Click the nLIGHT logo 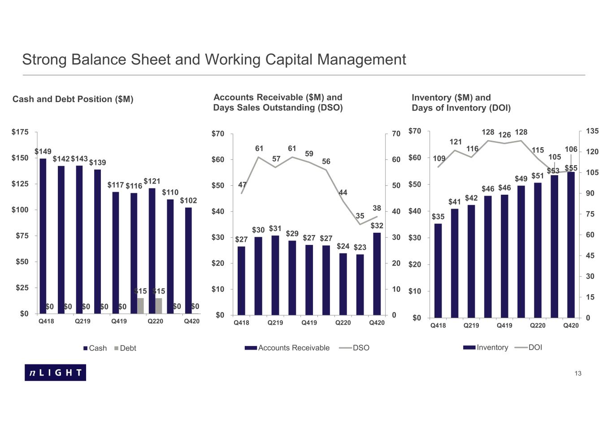(56, 372)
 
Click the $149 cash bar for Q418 (43, 236)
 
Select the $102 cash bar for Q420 (188, 261)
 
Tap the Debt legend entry (125, 348)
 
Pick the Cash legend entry (95, 348)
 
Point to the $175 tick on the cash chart (20, 132)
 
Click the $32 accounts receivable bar (377, 274)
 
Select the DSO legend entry (354, 348)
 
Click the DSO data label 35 (360, 216)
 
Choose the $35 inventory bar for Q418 (438, 271)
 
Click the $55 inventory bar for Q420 (571, 245)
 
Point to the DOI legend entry (529, 347)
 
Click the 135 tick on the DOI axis (592, 131)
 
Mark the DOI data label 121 (456, 142)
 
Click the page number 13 (578, 373)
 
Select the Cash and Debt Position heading (73, 99)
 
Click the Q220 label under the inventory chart (538, 325)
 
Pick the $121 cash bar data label (152, 181)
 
